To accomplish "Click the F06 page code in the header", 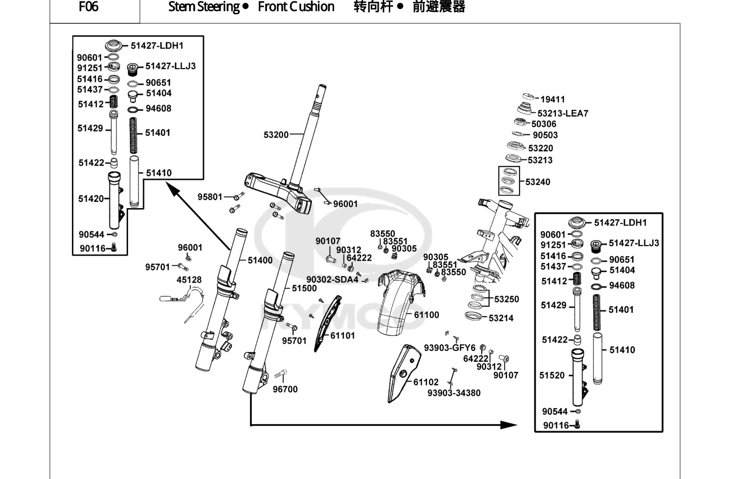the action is point(89,7).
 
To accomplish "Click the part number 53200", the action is point(276,135).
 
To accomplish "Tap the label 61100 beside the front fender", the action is point(426,315).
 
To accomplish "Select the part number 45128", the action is point(189,280).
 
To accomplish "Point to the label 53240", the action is point(538,182).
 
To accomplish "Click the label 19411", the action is point(552,99).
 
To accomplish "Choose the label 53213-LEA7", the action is point(563,113).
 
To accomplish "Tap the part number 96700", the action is point(285,389).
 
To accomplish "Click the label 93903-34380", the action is point(454,393).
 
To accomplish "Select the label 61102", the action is point(426,382).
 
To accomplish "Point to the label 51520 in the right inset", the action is point(552,375).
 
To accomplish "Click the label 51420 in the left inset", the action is point(91,199).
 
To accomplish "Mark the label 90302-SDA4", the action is point(333,279).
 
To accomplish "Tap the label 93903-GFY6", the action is point(450,348).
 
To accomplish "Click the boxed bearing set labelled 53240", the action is point(509,181).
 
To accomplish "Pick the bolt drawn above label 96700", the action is point(281,374).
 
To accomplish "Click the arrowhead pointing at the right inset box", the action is point(508,425).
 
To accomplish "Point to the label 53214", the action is point(501,318).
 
